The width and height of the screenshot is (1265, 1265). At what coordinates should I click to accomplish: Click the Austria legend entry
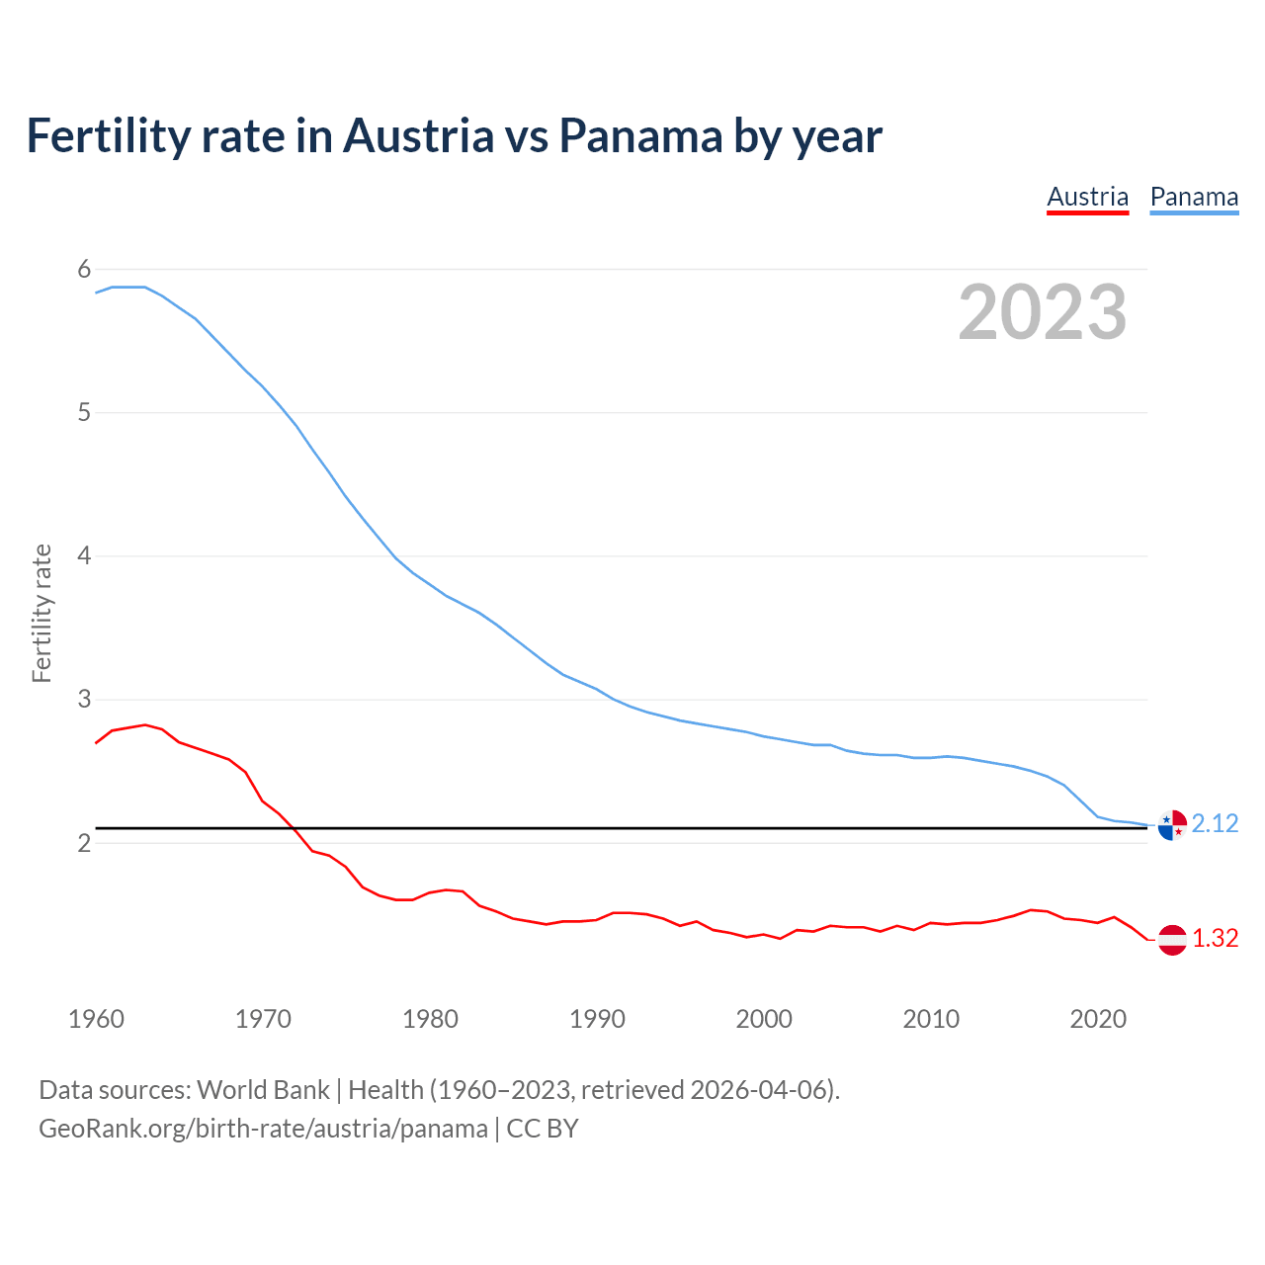click(1087, 197)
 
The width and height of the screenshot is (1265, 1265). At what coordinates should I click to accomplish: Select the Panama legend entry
click(1194, 197)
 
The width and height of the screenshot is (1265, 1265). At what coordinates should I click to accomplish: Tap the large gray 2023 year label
click(1043, 312)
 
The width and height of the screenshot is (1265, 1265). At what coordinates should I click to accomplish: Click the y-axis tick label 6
click(84, 269)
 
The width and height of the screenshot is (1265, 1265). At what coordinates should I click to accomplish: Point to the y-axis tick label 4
click(84, 555)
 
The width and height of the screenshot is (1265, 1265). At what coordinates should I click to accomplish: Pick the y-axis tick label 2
click(84, 843)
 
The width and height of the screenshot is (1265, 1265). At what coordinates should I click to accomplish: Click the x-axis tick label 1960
click(96, 1019)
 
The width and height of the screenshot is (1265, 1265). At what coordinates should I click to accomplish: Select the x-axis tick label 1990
click(597, 1019)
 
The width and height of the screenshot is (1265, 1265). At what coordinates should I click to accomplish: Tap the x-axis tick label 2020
click(1098, 1019)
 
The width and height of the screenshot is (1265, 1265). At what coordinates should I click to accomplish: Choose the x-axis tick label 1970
click(263, 1019)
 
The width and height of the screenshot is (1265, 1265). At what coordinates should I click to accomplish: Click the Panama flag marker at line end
click(1172, 824)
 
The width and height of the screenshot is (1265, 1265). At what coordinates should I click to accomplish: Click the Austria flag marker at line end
click(1172, 939)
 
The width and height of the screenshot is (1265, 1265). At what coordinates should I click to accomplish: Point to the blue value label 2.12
click(1215, 824)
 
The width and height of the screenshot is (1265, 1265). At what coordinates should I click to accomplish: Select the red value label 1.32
click(1215, 939)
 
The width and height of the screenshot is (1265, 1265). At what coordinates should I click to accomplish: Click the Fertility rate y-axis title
click(42, 613)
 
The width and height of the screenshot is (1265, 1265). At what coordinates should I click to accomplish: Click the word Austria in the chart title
click(418, 135)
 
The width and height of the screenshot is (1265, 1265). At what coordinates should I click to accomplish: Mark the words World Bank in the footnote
click(263, 1090)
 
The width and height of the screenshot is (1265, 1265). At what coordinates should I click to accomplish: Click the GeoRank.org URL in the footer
click(263, 1129)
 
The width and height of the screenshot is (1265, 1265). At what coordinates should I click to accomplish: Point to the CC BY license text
click(543, 1129)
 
